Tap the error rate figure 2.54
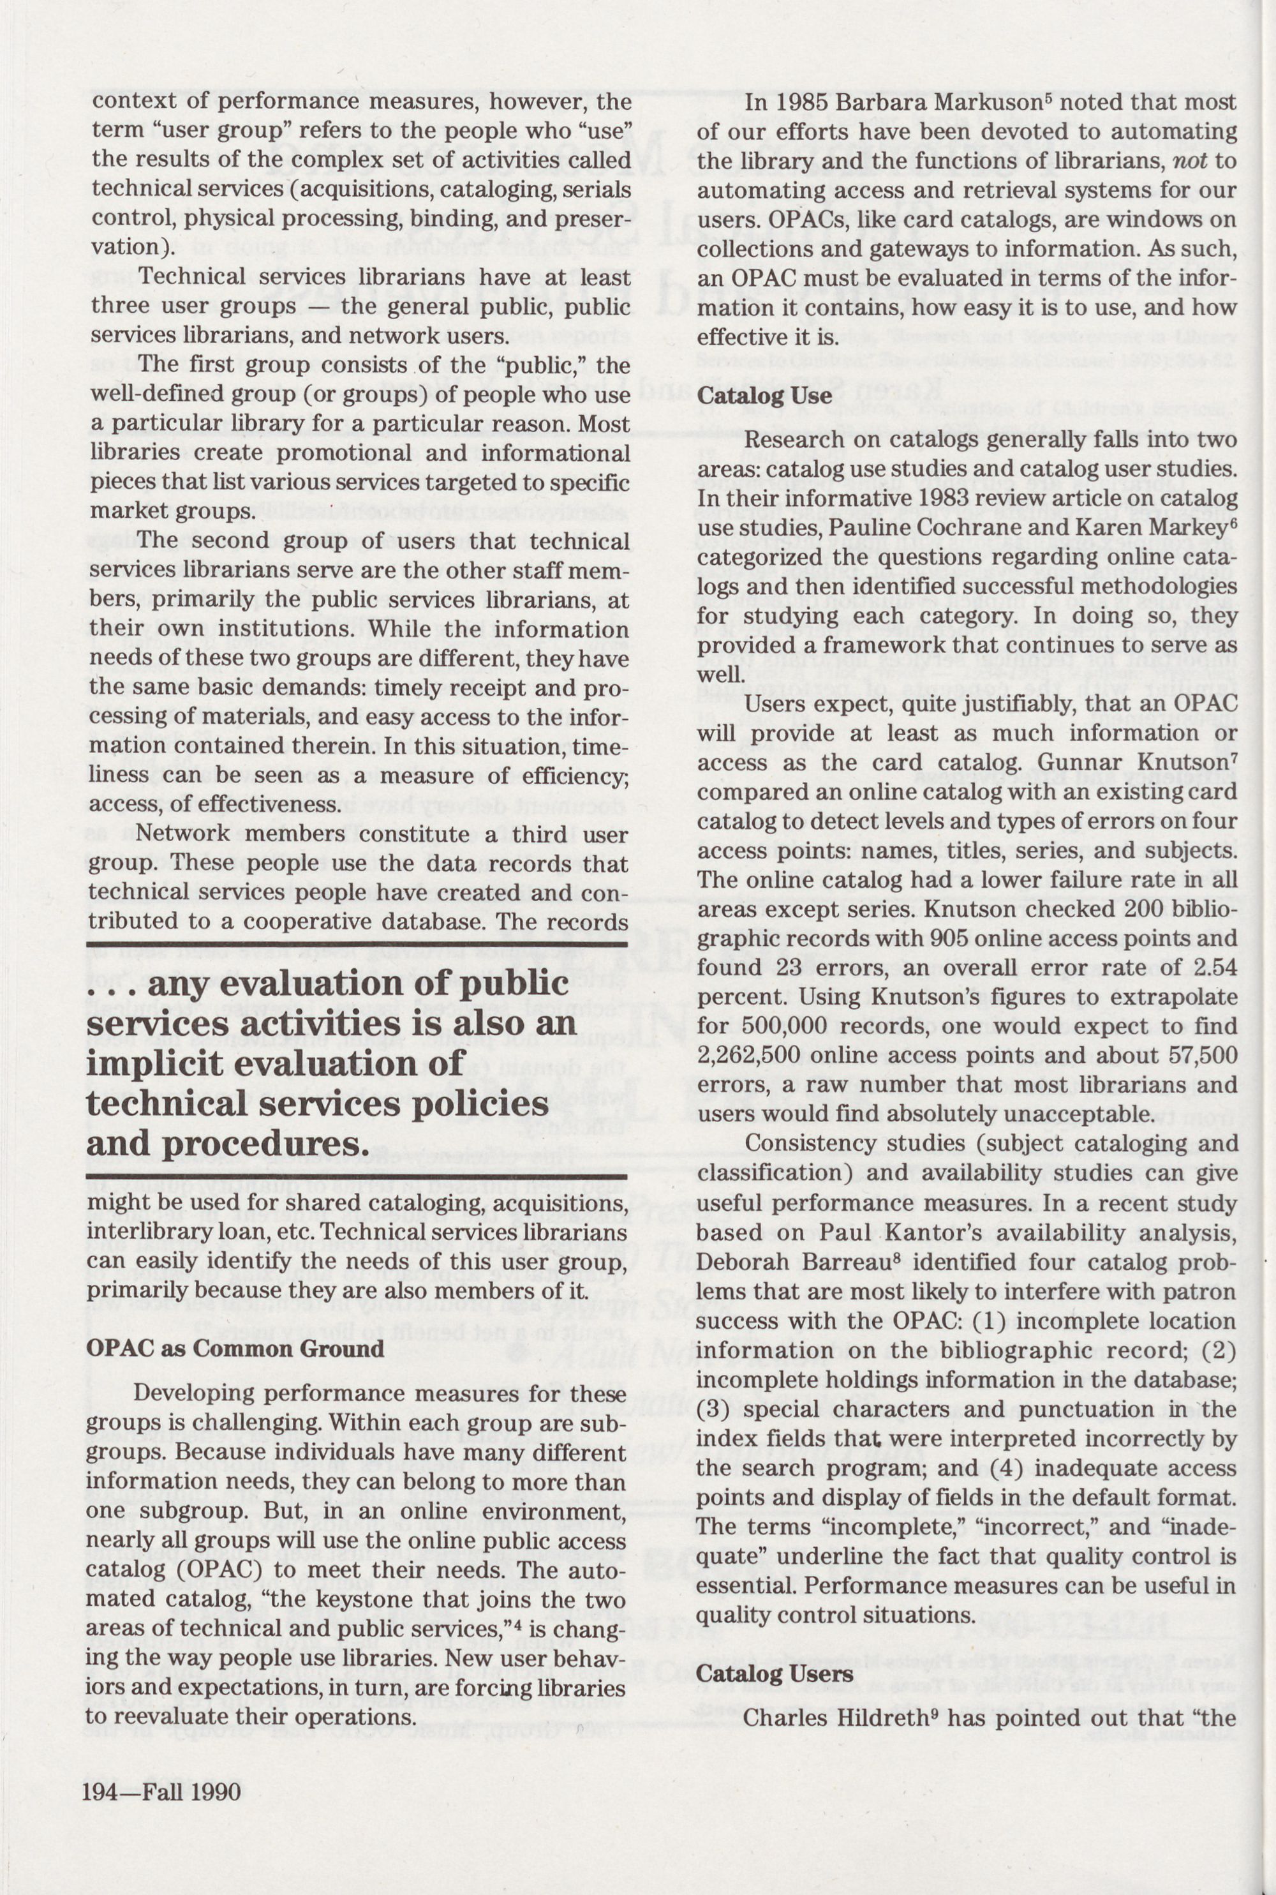coord(1212,968)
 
